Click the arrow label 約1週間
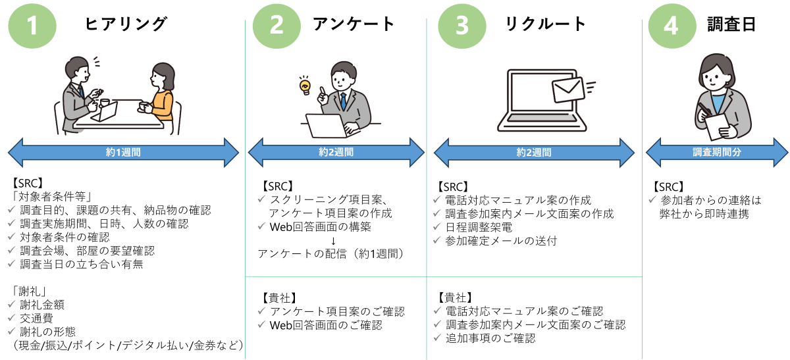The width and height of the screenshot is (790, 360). click(x=123, y=153)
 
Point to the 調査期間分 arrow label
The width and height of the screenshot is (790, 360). click(x=717, y=152)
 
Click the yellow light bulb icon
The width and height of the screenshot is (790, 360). click(x=305, y=86)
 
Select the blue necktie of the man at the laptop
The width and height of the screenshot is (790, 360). click(x=343, y=102)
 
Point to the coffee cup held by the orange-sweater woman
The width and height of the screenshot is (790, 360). click(x=144, y=106)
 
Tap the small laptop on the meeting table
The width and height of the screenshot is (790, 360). click(x=105, y=112)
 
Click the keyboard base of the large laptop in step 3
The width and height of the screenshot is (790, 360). click(x=542, y=123)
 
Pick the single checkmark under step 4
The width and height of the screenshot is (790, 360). click(x=652, y=199)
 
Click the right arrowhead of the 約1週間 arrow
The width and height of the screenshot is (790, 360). click(x=230, y=153)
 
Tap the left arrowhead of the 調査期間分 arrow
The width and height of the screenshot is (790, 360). click(x=654, y=152)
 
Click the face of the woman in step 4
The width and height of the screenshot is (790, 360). click(x=714, y=77)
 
